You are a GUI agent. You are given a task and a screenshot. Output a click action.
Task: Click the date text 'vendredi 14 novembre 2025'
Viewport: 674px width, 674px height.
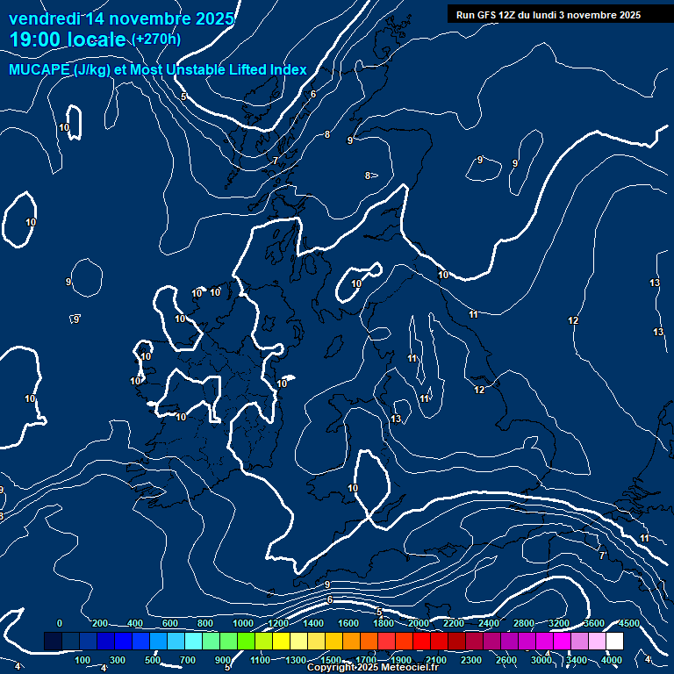pyautogui.click(x=121, y=18)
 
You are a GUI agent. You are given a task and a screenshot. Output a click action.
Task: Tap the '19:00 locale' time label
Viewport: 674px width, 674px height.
pyautogui.click(x=68, y=39)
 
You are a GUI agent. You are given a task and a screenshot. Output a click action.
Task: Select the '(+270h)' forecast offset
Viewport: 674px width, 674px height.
pyautogui.click(x=156, y=39)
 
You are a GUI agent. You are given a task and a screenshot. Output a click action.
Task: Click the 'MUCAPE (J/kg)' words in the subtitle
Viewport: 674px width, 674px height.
pyautogui.click(x=61, y=69)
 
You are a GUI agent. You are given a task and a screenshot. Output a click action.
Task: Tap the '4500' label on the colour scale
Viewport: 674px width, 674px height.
pyautogui.click(x=628, y=623)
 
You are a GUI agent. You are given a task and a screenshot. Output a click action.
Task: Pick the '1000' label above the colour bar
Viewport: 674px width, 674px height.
pyautogui.click(x=243, y=623)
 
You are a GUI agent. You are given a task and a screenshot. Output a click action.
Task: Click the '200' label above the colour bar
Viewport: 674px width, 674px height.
pyautogui.click(x=100, y=623)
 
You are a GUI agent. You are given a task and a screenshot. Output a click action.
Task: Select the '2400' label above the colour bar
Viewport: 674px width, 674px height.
pyautogui.click(x=488, y=623)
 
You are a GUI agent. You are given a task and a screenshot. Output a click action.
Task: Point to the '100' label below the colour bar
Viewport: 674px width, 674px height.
pyautogui.click(x=82, y=660)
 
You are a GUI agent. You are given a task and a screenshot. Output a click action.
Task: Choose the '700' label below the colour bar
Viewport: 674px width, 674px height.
pyautogui.click(x=188, y=660)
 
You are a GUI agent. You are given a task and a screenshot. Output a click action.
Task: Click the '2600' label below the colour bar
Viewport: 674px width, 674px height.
pyautogui.click(x=505, y=660)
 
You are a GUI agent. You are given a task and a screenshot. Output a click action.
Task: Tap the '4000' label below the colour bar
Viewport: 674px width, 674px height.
pyautogui.click(x=612, y=660)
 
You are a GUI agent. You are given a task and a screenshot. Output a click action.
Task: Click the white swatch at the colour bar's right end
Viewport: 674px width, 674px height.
pyautogui.click(x=614, y=642)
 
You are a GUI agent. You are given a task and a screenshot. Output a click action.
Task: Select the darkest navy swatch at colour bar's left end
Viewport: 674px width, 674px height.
pyautogui.click(x=53, y=642)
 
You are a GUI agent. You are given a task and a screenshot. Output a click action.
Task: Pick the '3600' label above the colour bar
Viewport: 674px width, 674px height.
pyautogui.click(x=594, y=623)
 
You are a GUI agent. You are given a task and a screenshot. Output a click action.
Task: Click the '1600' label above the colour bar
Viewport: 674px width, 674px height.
pyautogui.click(x=348, y=623)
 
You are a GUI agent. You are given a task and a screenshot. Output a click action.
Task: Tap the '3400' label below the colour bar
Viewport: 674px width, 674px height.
pyautogui.click(x=577, y=660)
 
